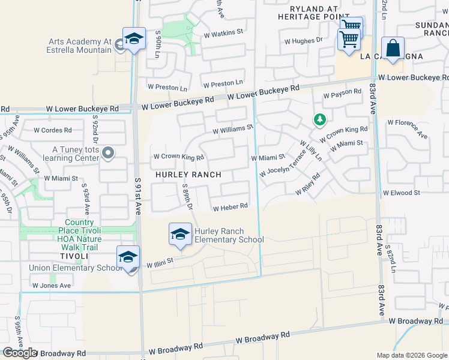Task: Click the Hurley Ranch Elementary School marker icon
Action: tap(180, 235)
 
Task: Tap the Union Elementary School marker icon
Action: tap(128, 257)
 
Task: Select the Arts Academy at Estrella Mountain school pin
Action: tap(134, 40)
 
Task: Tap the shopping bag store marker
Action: tap(393, 49)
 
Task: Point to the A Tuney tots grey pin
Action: tap(108, 154)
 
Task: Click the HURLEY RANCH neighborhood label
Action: tap(188, 175)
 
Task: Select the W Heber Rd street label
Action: tap(231, 208)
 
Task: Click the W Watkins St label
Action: tap(224, 31)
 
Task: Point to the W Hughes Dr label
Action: tap(304, 41)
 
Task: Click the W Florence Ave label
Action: tap(408, 129)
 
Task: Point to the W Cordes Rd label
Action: tap(52, 130)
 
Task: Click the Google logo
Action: tap(20, 353)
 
